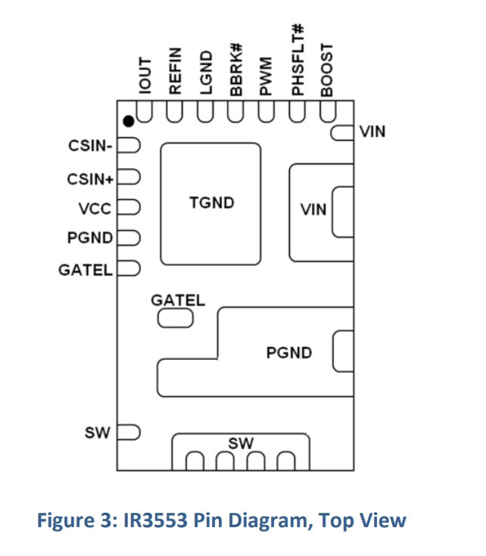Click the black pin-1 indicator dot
coord(129,121)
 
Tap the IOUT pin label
coord(145,76)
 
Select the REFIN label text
coord(176,71)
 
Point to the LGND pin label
coord(206,73)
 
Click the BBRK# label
coord(236,70)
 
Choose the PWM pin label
coord(266,76)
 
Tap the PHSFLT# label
coord(298,60)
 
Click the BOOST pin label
coord(327,70)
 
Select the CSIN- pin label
coord(90,145)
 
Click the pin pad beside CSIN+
coord(129,177)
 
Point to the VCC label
coord(95,209)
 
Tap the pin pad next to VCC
coord(129,207)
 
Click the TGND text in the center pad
coord(212,203)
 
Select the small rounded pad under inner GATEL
coord(176,318)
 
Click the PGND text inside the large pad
coord(289,353)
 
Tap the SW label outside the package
coord(98,433)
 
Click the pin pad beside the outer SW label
coord(129,433)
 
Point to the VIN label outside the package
coord(372,132)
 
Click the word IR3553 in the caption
coord(155,520)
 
